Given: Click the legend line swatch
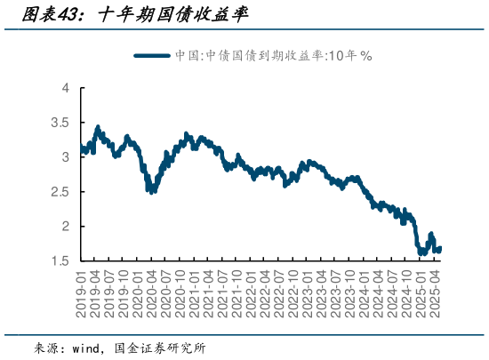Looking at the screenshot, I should pos(153,55).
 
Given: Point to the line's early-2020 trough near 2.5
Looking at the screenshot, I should pos(152,190).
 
